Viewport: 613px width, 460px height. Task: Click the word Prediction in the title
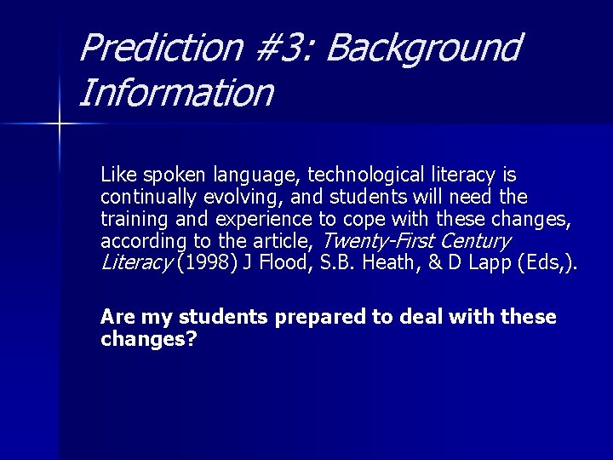[x=159, y=48]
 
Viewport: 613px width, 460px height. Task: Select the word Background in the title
[x=422, y=48]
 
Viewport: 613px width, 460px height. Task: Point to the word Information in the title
[x=175, y=93]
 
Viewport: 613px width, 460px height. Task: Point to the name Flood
[x=278, y=262]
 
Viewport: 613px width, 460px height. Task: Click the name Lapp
[x=481, y=262]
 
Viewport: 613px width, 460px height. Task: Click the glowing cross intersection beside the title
[x=59, y=124]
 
